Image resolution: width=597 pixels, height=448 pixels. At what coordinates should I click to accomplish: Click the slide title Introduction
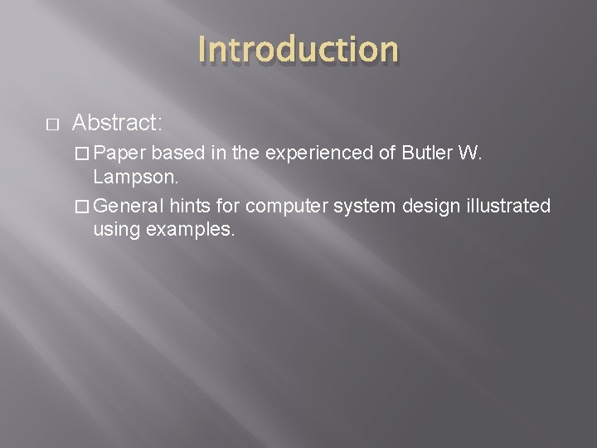[x=298, y=49]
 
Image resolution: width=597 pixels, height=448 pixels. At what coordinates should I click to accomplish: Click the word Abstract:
[x=117, y=124]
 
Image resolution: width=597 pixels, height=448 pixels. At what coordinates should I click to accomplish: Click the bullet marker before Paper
[x=82, y=153]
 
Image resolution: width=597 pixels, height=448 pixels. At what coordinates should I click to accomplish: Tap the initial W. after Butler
[x=469, y=153]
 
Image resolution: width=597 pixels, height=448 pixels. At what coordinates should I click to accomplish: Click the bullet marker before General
[x=82, y=205]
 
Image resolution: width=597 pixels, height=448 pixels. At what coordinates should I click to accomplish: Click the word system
[x=364, y=205]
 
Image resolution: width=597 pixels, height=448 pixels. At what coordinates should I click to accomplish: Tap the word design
[x=429, y=205]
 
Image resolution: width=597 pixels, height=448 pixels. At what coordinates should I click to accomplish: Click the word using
[x=116, y=230]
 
